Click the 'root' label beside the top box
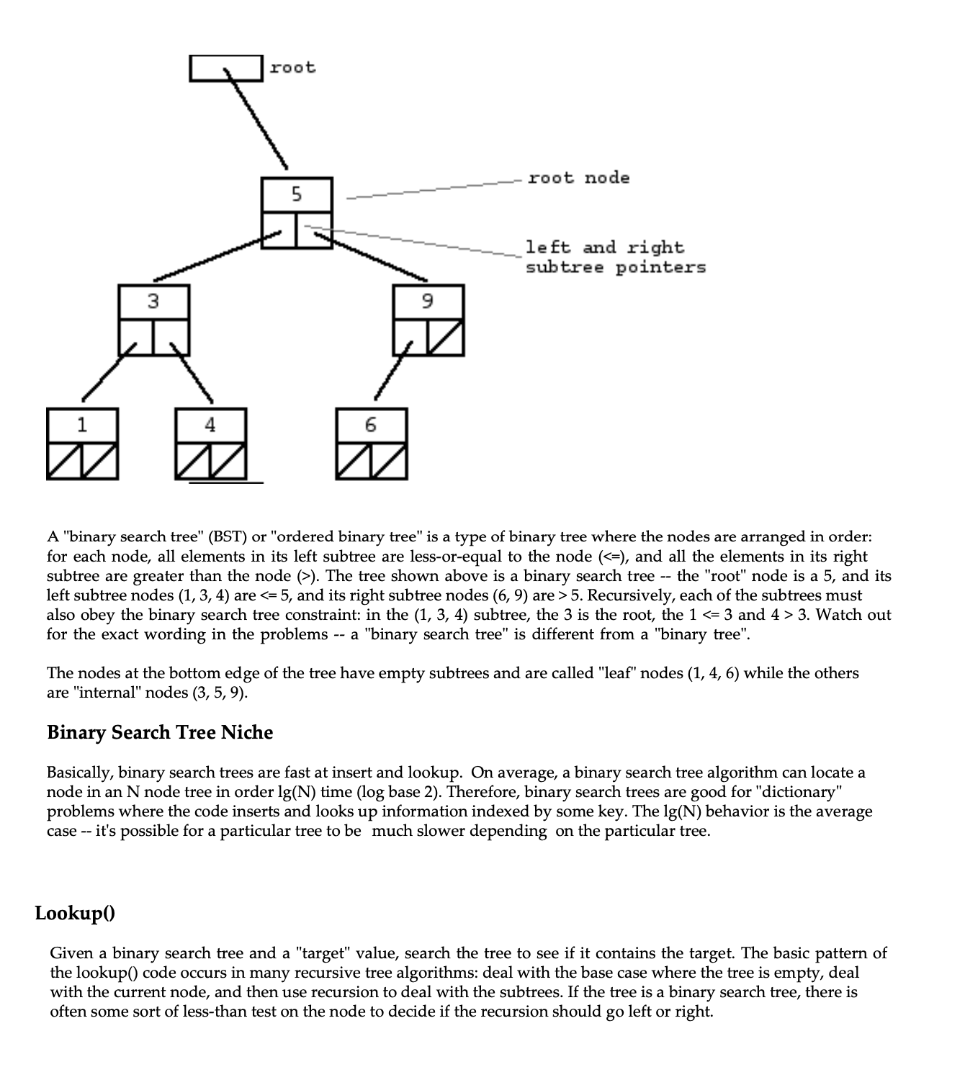292,68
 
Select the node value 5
297,194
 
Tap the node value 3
153,302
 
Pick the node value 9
428,302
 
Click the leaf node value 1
82,425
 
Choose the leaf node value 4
210,425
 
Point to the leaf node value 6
371,425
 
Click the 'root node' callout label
578,178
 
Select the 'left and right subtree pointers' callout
614,257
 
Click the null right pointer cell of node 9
446,338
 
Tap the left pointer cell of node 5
279,230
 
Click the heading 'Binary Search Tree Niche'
160,732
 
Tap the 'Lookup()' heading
75,913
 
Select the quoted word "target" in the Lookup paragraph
323,953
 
